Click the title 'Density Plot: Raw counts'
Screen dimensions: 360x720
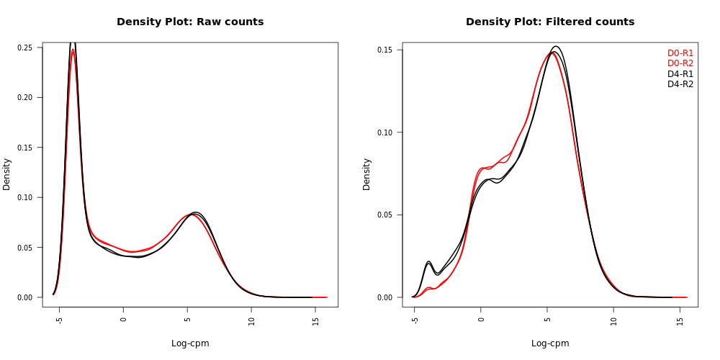(190, 22)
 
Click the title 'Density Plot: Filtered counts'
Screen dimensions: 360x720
(550, 22)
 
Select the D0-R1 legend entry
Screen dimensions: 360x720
(680, 53)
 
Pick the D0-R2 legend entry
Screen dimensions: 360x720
(680, 63)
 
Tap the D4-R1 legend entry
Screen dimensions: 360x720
(680, 74)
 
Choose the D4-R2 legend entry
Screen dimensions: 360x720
(680, 84)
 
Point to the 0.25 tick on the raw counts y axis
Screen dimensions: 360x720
(27, 48)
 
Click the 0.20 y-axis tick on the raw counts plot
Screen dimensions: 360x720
(27, 97)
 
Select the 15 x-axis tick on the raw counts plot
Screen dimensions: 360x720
(316, 320)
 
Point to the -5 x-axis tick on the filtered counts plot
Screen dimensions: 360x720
(415, 320)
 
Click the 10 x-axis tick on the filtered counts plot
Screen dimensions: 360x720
(613, 320)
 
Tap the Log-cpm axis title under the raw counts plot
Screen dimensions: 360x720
(190, 343)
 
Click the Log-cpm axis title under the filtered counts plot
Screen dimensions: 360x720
(550, 343)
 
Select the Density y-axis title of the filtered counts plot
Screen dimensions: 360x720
(366, 174)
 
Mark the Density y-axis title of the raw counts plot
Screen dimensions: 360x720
(6, 174)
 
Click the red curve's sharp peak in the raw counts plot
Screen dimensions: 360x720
(73, 50)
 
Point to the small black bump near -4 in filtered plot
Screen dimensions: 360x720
(428, 262)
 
